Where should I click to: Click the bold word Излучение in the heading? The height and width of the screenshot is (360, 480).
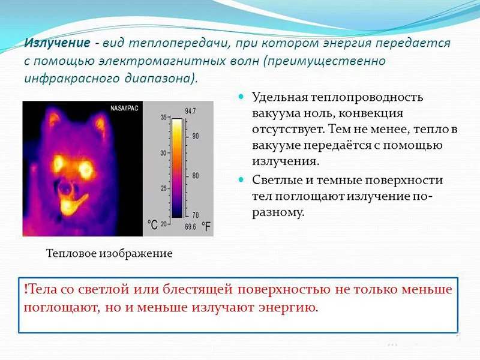pyautogui.click(x=57, y=44)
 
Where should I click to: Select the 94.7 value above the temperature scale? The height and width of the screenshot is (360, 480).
pyautogui.click(x=191, y=111)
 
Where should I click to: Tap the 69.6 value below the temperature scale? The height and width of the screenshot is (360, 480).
pyautogui.click(x=190, y=227)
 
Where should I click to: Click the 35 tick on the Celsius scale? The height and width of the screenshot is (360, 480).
pyautogui.click(x=163, y=118)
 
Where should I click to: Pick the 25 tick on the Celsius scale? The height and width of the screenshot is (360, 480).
pyautogui.click(x=163, y=189)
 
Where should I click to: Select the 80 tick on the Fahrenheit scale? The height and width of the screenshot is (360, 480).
pyautogui.click(x=195, y=176)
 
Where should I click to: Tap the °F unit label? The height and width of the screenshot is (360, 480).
pyautogui.click(x=206, y=227)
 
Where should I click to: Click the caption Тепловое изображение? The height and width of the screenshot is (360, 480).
pyautogui.click(x=109, y=254)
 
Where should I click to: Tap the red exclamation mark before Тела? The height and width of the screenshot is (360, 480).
pyautogui.click(x=26, y=290)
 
